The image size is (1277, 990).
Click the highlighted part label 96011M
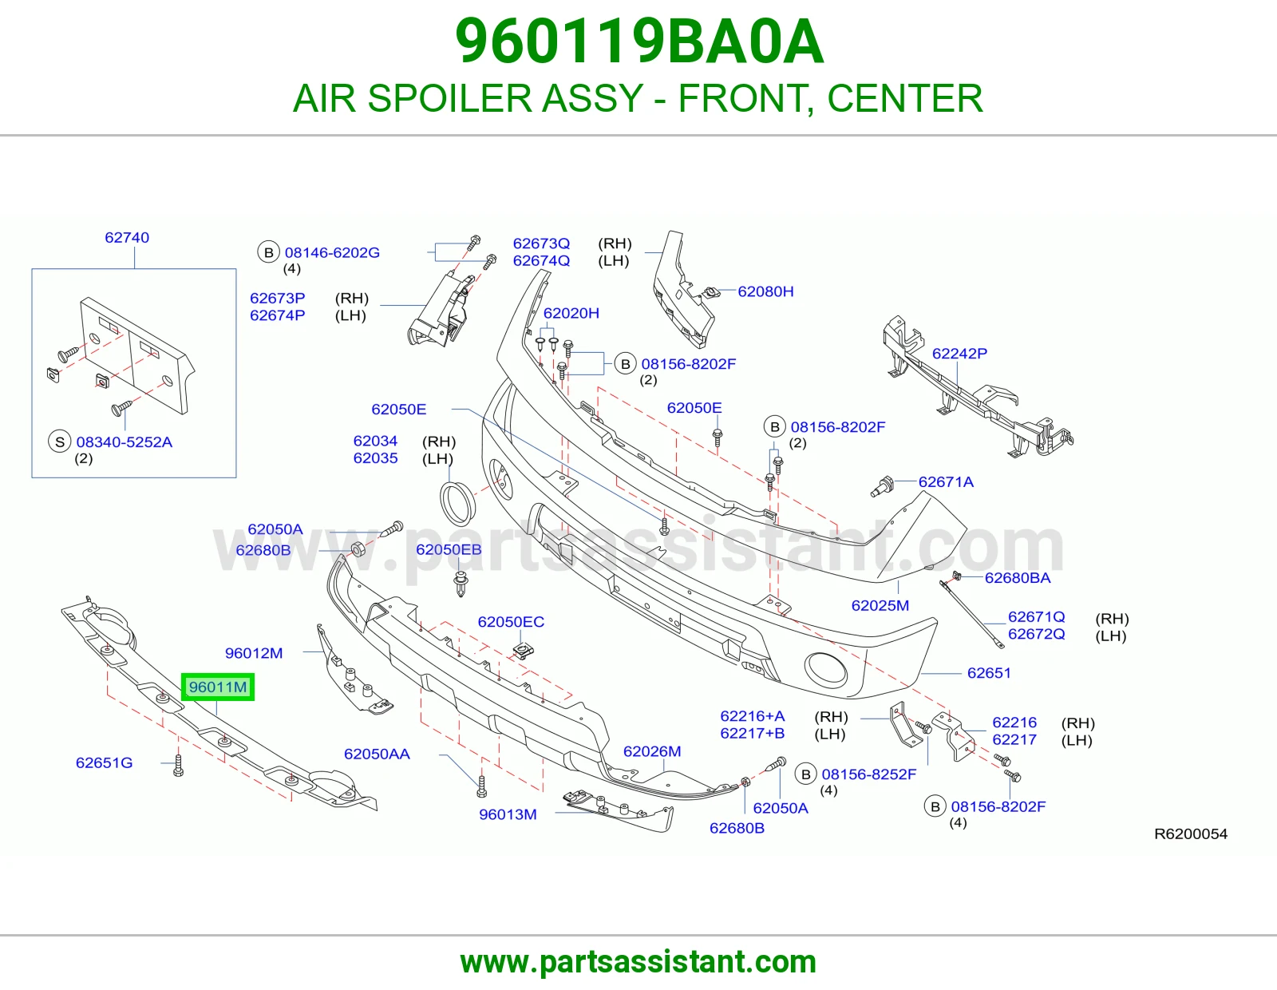click(x=218, y=687)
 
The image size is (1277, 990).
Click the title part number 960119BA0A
click(x=639, y=42)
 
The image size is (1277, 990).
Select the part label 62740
click(x=127, y=237)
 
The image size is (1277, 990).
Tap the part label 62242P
click(x=959, y=354)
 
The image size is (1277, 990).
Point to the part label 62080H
click(x=765, y=291)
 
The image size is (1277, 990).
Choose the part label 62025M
click(x=880, y=605)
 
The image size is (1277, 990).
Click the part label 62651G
click(x=104, y=762)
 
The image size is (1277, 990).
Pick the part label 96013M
click(x=508, y=814)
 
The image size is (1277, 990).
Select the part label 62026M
click(x=652, y=751)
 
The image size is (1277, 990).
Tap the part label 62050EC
click(x=511, y=621)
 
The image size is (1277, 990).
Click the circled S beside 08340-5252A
click(x=60, y=442)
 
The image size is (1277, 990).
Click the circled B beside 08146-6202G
click(x=268, y=252)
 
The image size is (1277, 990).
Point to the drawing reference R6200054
click(x=1191, y=834)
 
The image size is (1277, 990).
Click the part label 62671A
click(x=946, y=482)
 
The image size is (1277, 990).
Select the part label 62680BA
click(x=1018, y=578)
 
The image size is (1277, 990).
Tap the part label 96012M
click(x=254, y=653)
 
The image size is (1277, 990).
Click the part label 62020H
click(x=571, y=313)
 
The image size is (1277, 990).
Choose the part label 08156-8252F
click(x=869, y=774)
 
